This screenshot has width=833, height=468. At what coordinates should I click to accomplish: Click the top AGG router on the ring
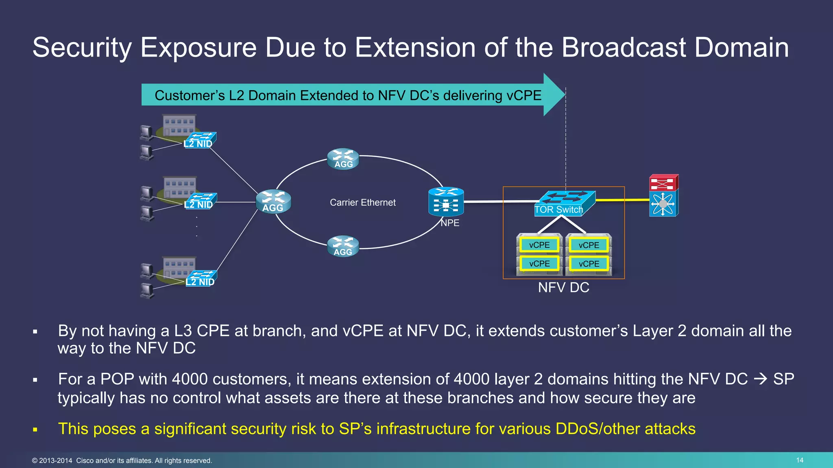pyautogui.click(x=343, y=159)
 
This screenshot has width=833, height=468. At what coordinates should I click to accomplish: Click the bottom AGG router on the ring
pyautogui.click(x=343, y=246)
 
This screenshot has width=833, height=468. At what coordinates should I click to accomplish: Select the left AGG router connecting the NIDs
pyautogui.click(x=273, y=201)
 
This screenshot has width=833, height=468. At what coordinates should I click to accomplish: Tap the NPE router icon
pyautogui.click(x=446, y=202)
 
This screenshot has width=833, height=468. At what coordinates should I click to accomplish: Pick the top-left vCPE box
pyautogui.click(x=539, y=245)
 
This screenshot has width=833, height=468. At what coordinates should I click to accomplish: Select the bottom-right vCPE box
pyautogui.click(x=589, y=264)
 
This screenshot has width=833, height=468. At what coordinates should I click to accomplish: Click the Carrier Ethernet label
pyautogui.click(x=362, y=202)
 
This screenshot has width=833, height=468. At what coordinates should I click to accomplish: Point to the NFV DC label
pyautogui.click(x=563, y=288)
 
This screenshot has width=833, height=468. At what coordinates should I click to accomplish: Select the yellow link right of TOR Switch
pyautogui.click(x=622, y=200)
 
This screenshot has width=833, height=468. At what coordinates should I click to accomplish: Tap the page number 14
pyautogui.click(x=799, y=460)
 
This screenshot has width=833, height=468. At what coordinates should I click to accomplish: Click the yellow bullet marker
pyautogui.click(x=35, y=429)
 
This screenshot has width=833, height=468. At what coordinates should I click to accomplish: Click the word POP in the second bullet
pyautogui.click(x=117, y=379)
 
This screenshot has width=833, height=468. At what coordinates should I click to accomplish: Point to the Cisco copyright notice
pyautogui.click(x=122, y=461)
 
